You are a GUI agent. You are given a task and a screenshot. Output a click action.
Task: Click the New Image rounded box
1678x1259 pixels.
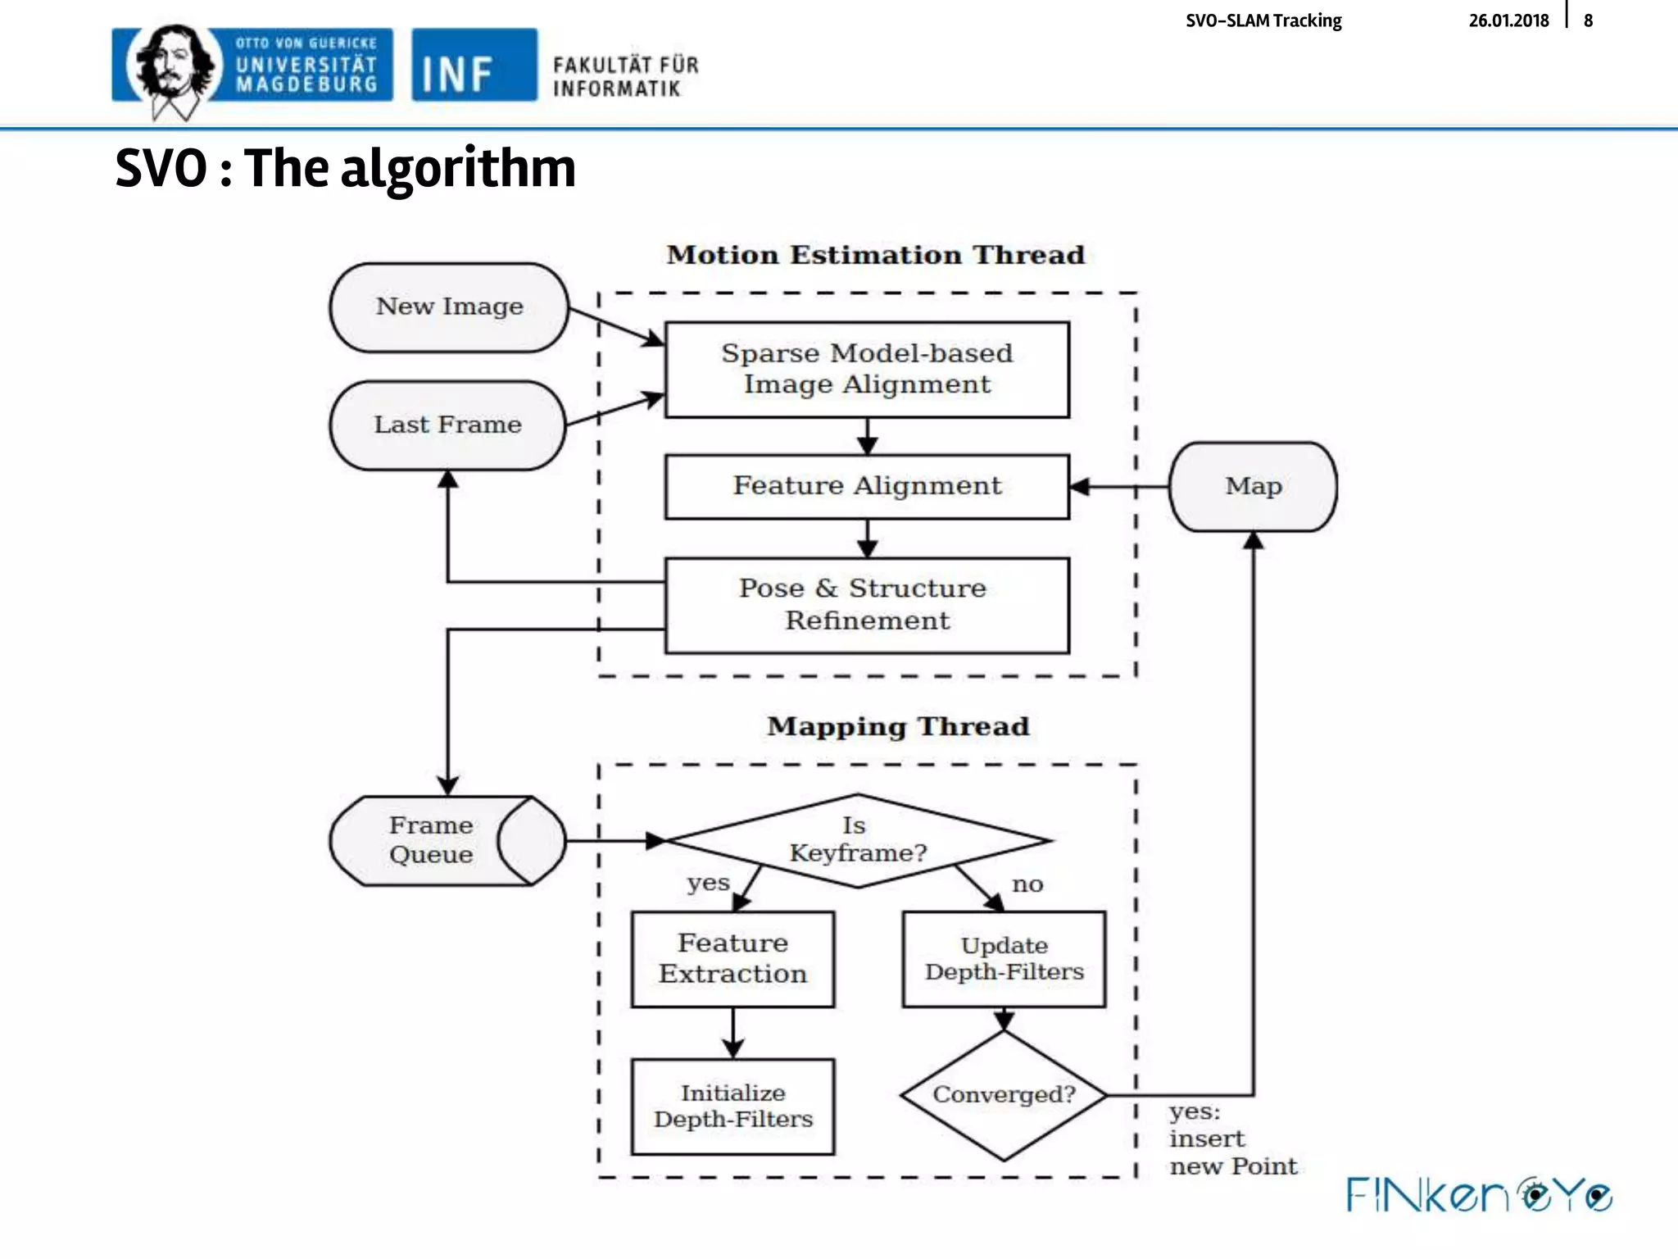click(x=449, y=307)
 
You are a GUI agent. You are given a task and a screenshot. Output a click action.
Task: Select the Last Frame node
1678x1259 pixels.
click(x=447, y=425)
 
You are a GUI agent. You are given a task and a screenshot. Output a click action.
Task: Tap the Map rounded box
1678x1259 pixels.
click(x=1253, y=487)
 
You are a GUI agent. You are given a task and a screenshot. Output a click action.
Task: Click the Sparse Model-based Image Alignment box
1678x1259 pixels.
click(x=867, y=370)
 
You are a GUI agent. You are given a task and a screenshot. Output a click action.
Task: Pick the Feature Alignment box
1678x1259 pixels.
click(x=867, y=486)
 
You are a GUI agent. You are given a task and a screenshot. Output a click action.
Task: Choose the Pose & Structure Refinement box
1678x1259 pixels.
click(x=867, y=605)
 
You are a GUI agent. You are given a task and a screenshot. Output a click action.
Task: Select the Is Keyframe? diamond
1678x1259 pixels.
click(x=858, y=840)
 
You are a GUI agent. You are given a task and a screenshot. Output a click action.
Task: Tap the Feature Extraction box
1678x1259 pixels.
click(x=732, y=959)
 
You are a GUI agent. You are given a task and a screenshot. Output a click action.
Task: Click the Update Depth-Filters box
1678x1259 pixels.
click(x=1004, y=959)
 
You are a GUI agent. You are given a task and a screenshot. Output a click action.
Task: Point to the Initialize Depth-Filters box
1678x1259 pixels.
click(x=732, y=1107)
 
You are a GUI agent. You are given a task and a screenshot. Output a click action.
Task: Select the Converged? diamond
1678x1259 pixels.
click(x=1004, y=1095)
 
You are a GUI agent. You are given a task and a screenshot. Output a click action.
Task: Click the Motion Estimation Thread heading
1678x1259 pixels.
click(x=875, y=255)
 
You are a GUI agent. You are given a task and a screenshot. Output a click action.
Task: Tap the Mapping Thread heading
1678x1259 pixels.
click(x=898, y=726)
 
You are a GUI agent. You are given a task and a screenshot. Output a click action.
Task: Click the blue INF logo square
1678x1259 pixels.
click(x=474, y=66)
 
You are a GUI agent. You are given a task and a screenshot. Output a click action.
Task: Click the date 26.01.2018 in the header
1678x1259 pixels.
click(x=1508, y=20)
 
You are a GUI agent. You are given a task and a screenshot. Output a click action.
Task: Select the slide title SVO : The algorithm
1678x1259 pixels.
click(x=345, y=168)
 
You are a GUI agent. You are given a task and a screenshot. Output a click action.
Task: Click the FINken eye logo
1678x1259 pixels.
click(x=1480, y=1195)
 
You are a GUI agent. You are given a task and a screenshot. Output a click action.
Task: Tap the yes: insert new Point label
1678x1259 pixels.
click(x=1231, y=1139)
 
